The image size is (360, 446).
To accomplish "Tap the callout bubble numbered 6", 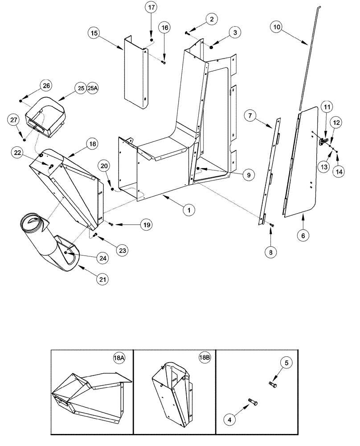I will [x=303, y=234].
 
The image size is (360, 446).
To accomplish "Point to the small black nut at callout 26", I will [x=20, y=101].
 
